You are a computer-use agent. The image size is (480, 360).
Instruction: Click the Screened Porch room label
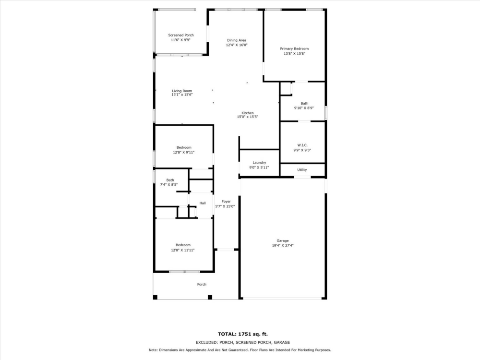181,35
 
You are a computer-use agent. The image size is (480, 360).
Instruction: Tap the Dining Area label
237,40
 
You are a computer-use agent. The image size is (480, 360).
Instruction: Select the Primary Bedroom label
294,49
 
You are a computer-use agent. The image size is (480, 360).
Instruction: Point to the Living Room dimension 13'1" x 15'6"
182,95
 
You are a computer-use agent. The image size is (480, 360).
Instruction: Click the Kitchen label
247,113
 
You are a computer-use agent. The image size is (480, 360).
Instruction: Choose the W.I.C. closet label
302,145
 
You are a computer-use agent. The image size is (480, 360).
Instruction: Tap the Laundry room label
259,163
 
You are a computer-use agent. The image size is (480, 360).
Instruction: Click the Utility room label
302,169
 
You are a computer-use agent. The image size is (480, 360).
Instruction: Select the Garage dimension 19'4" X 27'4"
283,245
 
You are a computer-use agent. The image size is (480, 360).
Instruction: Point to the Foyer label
226,202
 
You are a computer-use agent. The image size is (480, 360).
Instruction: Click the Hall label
203,203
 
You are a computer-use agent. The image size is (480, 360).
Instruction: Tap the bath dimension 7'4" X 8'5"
169,184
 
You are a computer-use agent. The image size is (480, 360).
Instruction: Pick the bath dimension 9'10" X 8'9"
304,108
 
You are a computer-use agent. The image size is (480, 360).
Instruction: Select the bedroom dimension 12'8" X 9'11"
184,152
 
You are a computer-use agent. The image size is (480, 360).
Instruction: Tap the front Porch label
202,284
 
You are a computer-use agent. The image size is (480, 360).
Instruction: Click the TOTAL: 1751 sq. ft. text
242,334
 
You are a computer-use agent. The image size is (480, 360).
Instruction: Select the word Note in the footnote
153,350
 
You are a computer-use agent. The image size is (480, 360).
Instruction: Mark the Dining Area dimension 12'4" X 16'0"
237,45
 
